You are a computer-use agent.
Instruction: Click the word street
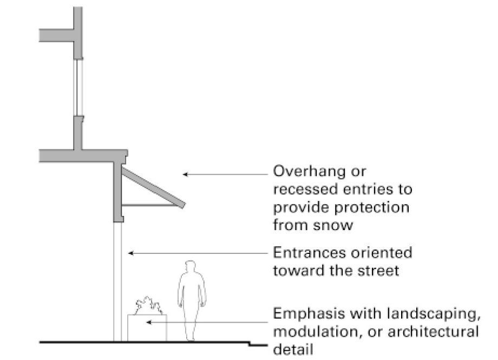(x=377, y=270)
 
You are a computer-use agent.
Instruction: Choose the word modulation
(x=315, y=331)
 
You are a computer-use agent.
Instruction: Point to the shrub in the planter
(x=147, y=306)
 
